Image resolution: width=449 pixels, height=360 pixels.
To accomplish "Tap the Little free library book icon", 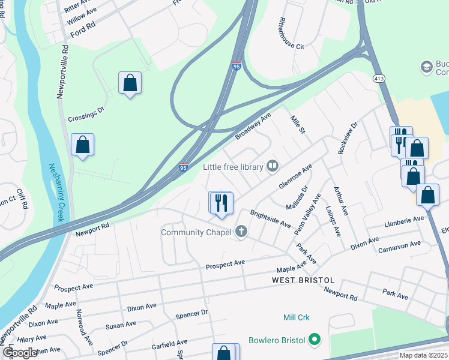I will click(x=273, y=165).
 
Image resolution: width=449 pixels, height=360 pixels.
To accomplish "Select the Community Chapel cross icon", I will click(x=241, y=232).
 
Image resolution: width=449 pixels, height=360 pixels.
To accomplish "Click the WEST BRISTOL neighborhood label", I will click(x=303, y=280).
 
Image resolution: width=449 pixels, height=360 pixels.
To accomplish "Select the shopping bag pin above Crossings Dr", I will click(x=130, y=83).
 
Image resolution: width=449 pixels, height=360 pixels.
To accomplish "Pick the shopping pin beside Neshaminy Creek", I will click(x=83, y=145).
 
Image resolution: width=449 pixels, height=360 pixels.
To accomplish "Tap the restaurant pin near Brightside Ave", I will click(x=221, y=202).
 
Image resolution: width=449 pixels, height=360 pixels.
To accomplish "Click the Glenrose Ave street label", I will click(x=295, y=178).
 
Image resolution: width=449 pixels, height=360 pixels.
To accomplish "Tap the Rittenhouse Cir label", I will click(x=290, y=34).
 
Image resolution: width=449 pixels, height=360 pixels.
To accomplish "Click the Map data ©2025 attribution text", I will click(x=423, y=355).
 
